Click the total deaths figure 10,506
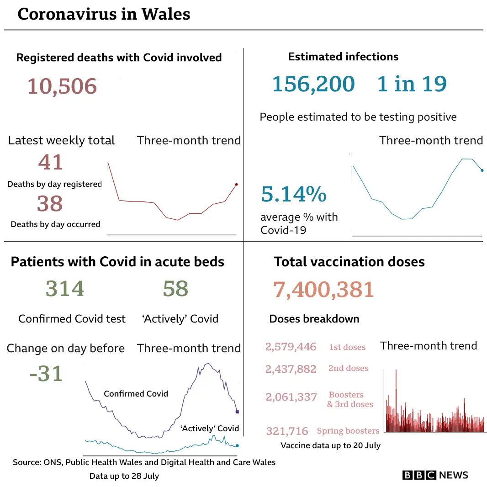(62, 86)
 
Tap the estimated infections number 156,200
(313, 84)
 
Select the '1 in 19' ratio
(412, 84)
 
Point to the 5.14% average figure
(293, 195)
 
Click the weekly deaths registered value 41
(51, 162)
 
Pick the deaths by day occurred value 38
(50, 204)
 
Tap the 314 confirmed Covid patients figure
(65, 289)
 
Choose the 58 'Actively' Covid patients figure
(175, 289)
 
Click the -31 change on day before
(46, 374)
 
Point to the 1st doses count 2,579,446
(291, 347)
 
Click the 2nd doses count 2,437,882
(291, 369)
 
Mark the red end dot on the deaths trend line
(236, 185)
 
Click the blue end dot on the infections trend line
(482, 170)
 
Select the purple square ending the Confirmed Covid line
(237, 412)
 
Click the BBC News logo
(435, 475)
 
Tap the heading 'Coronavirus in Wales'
(104, 14)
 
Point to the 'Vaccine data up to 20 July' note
(330, 445)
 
